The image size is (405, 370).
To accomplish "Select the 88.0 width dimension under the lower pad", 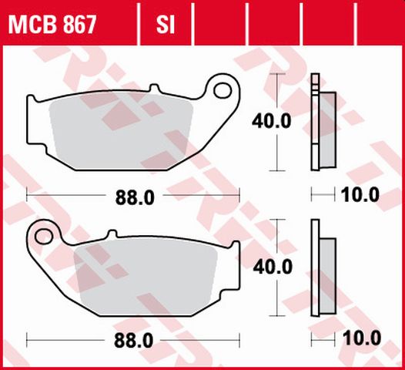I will coord(135,339).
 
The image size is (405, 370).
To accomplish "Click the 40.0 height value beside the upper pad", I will coord(273,121).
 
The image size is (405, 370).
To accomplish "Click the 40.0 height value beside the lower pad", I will coord(273,267).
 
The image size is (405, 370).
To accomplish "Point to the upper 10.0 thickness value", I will coord(360,196).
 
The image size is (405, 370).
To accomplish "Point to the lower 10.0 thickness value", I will coord(360,338).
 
